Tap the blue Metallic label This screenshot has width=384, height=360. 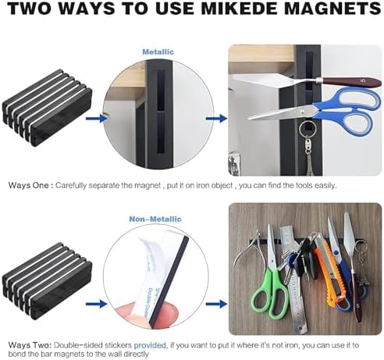click(158, 52)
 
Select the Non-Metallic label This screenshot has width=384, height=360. click(155, 219)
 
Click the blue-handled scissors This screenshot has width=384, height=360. click(312, 110)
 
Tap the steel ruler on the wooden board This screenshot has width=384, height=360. click(291, 280)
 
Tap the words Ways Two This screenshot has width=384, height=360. click(30, 345)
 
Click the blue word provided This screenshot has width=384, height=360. click(151, 345)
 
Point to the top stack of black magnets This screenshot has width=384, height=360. click(48, 107)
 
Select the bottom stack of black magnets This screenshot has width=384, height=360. click(48, 280)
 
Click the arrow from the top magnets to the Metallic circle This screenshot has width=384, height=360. click(96, 119)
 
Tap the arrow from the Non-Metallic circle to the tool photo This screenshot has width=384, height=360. click(216, 304)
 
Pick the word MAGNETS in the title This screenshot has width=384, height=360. click(332, 9)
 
